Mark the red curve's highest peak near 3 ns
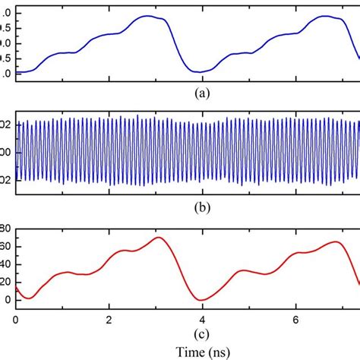157,238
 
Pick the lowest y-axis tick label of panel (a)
6,74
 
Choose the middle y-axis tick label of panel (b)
6,152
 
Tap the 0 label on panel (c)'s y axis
8,300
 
